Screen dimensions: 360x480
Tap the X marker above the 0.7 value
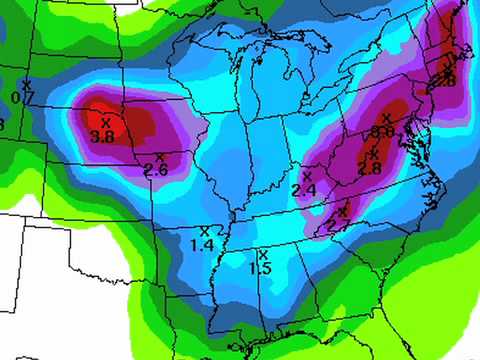(x=27, y=83)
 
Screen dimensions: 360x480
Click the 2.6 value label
(x=156, y=171)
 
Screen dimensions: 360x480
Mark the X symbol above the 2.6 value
(x=160, y=157)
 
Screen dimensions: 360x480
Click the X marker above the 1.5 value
(x=263, y=254)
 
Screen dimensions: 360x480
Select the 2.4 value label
(x=304, y=189)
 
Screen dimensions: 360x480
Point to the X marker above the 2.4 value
(x=307, y=175)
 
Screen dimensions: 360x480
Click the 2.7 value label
(x=338, y=227)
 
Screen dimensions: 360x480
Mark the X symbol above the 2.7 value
(x=342, y=212)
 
